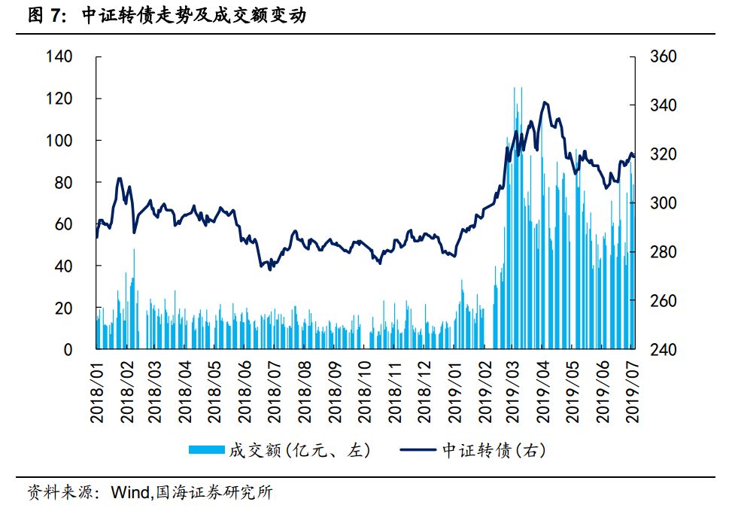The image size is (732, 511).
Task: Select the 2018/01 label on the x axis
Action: [x=98, y=391]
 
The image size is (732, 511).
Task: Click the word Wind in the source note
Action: [x=129, y=494]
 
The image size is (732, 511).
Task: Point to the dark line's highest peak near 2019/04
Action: [x=544, y=102]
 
